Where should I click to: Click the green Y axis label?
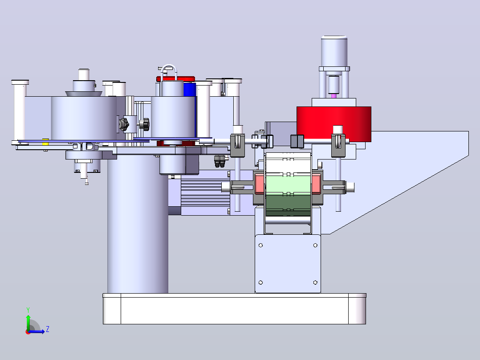coord(28,310)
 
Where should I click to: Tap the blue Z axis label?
coord(48,329)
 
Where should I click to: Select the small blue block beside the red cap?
coord(190,89)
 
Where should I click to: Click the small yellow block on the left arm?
coord(45,142)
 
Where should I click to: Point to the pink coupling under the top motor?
coord(334,96)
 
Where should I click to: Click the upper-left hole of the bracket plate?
coord(261,245)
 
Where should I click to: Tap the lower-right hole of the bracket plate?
coord(315,282)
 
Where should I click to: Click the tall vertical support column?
coord(138,224)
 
